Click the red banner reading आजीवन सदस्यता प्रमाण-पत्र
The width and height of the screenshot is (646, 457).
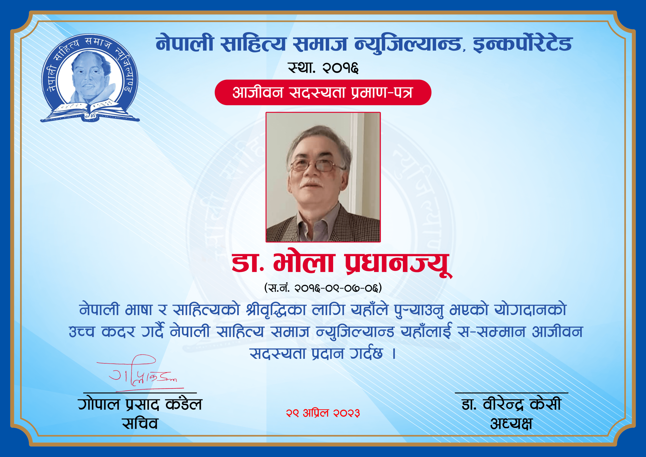pos(323,92)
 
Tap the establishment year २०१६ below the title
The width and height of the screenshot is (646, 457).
pos(340,68)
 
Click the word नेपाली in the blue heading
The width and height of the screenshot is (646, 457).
pos(184,44)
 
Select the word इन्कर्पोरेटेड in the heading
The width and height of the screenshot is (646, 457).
pos(523,44)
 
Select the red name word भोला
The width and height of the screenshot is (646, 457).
pos(303,262)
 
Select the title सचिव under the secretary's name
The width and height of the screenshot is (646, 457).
pos(140,423)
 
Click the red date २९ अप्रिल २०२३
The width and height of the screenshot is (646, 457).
pos(323,413)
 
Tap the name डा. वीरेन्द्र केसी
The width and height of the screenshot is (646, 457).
pos(511,404)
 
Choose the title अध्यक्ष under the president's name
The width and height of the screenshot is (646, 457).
pos(511,423)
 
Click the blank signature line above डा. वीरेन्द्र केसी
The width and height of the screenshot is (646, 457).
pos(512,393)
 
